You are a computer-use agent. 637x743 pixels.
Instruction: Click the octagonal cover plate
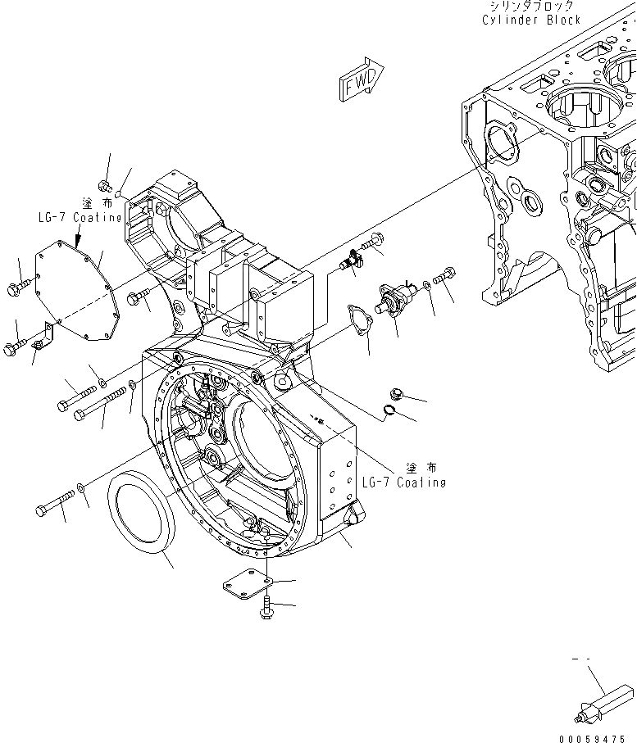[78, 291]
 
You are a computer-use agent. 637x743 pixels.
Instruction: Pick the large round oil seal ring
[141, 516]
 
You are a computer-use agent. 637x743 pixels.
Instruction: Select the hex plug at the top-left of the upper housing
[104, 185]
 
